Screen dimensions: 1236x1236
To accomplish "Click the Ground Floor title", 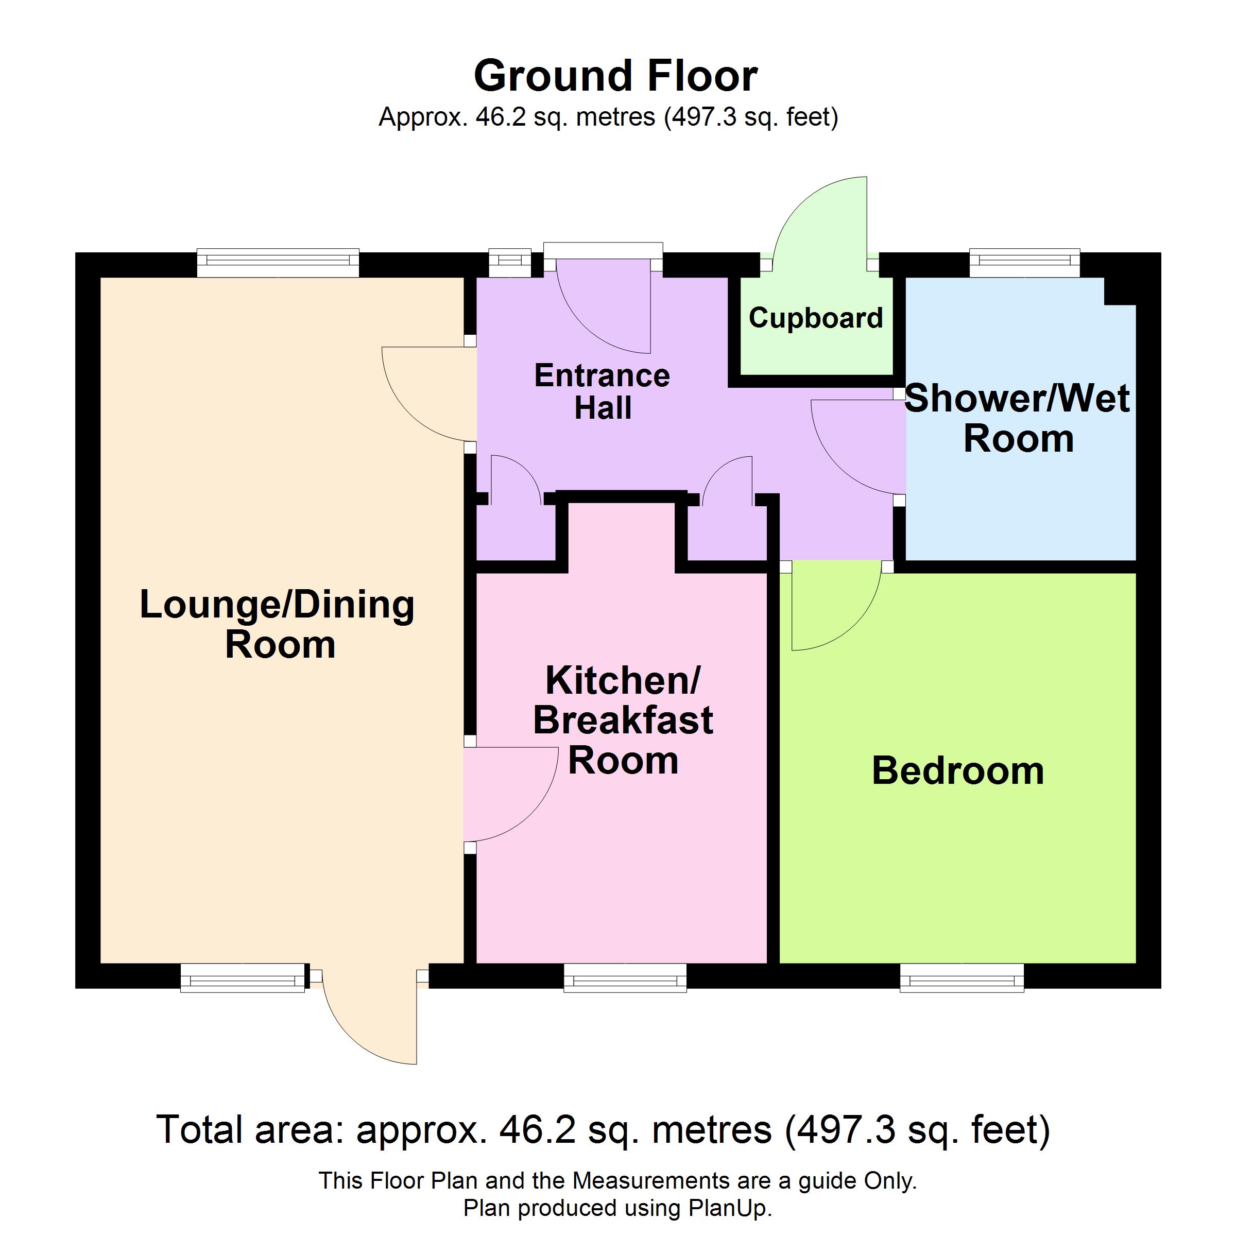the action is coord(615,76).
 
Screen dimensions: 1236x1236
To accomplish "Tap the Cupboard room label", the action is coord(816,318).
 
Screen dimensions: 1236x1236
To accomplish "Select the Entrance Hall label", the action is coord(602,391).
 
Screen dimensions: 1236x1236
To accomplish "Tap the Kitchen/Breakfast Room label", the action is coord(623,720).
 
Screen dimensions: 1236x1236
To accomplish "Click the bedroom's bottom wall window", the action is coord(962,978).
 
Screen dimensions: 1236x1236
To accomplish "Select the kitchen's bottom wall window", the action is coord(625,978).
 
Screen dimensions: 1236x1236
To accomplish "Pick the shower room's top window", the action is coord(1025,263).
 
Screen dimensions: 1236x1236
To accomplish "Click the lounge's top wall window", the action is coord(278,263).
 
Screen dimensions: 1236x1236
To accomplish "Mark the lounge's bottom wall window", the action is coord(243,978).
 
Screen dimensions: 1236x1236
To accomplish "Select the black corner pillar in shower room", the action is coord(1121,290).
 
